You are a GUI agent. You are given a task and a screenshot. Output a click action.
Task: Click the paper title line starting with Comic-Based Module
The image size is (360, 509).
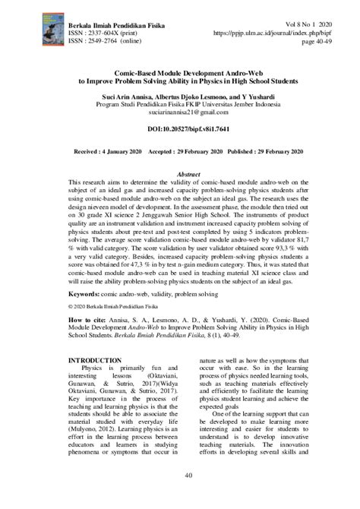pyautogui.click(x=179, y=72)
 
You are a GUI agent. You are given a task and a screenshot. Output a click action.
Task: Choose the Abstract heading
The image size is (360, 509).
pyautogui.click(x=180, y=174)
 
